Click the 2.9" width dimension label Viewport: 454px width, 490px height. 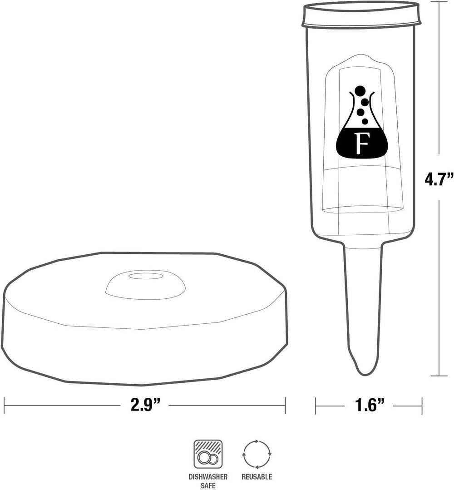coord(145,406)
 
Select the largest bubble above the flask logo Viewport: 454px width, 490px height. coord(360,91)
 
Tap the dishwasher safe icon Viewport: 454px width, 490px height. coord(208,454)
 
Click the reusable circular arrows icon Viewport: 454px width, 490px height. coord(257,454)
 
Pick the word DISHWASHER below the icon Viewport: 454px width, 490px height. coord(208,477)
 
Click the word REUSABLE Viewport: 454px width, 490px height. coord(257,477)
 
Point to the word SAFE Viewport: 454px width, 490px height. coord(208,485)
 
